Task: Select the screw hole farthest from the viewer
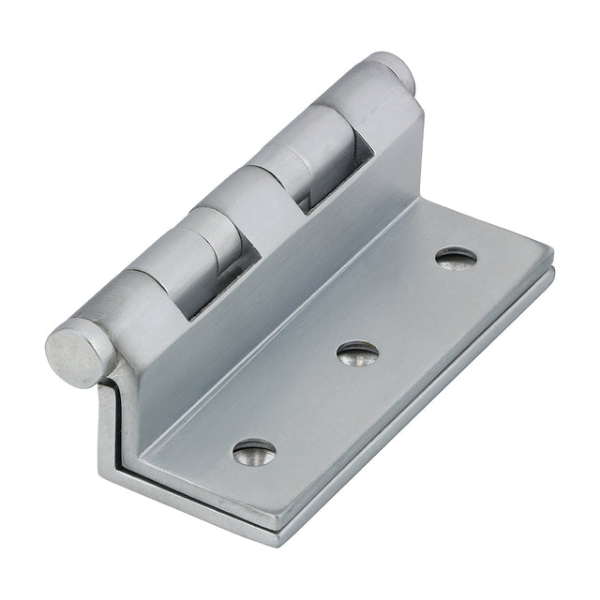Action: pyautogui.click(x=457, y=257)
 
